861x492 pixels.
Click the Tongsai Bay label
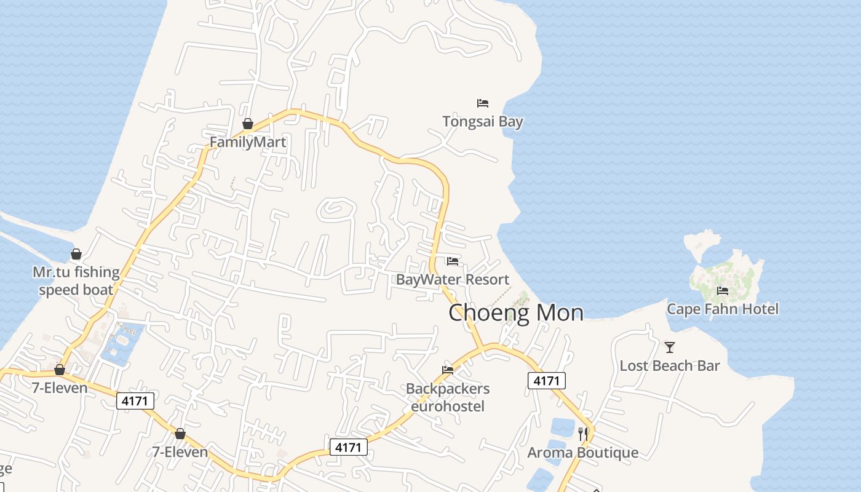coord(483,121)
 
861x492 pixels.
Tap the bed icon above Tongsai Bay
coord(483,103)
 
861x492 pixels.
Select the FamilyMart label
coord(248,142)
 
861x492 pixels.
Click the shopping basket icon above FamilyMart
coord(248,124)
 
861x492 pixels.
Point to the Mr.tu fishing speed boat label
coord(76,280)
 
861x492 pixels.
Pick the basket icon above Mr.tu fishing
coord(76,254)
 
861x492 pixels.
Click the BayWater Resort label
coord(453,279)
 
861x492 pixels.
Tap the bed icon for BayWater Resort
coord(453,261)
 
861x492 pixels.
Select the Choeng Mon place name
coord(515,312)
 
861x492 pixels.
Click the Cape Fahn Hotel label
coord(723,309)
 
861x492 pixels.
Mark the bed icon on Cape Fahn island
coord(723,290)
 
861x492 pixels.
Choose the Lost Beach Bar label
coord(670,365)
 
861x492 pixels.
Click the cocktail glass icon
coord(670,347)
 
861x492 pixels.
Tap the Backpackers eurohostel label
coord(448,397)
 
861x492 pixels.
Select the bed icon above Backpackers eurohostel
coord(448,370)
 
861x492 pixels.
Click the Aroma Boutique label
coord(583,453)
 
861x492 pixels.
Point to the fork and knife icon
coord(583,434)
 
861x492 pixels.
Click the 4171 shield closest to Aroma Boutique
coord(547,381)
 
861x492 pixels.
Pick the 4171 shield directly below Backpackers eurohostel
coord(349,447)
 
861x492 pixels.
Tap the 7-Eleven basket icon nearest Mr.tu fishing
coord(60,370)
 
